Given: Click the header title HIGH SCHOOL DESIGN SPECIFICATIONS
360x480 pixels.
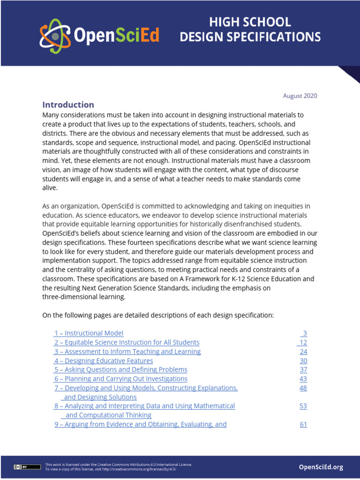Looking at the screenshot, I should point(250,29).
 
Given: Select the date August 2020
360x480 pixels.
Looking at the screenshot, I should point(300,96).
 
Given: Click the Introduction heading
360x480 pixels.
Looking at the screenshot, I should point(68,105).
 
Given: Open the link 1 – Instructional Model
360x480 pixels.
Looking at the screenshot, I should point(89,333).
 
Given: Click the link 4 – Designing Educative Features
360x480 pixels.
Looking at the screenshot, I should point(103,360).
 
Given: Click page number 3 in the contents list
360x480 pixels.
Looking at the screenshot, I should point(304,333).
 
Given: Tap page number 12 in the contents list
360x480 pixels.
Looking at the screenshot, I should point(303,342).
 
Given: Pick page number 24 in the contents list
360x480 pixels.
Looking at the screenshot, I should point(303,352).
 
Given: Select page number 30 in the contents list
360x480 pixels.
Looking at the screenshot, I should point(303,360).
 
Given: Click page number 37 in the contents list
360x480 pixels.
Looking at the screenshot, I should point(303,369).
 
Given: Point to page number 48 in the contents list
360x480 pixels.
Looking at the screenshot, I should point(303,388).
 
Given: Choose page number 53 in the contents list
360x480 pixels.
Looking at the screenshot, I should point(303,406).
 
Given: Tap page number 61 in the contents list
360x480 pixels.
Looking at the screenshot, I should point(303,424).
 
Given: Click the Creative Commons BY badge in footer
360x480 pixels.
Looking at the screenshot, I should point(21,467).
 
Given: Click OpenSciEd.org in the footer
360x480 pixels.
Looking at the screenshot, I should point(321,467).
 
